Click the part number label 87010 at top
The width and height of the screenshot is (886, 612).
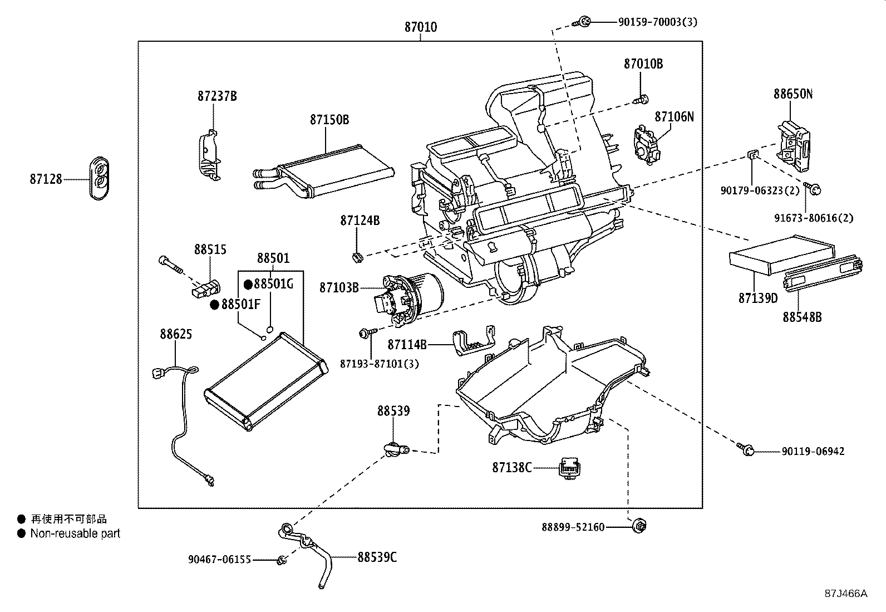[420, 27]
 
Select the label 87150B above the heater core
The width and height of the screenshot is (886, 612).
[329, 120]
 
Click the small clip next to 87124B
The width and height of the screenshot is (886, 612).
[357, 257]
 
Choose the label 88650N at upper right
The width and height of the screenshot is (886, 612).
[793, 94]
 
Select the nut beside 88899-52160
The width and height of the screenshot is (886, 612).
[639, 525]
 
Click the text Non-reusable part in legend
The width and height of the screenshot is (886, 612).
[75, 533]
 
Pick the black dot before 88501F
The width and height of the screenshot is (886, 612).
[214, 305]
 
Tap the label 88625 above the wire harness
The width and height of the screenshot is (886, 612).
[176, 334]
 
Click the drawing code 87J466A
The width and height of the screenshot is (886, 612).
[845, 593]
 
